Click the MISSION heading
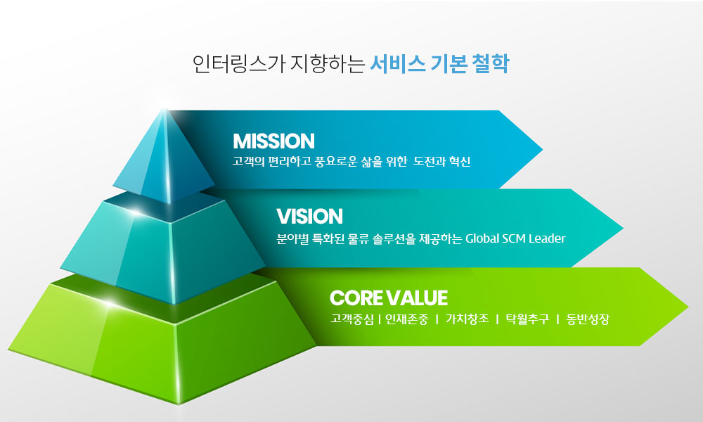273,141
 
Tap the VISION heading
309,216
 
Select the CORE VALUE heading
389,298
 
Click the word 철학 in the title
491,64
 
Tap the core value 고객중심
352,319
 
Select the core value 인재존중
406,319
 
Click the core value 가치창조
467,319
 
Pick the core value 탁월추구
527,319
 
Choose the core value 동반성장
588,319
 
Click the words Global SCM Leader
515,238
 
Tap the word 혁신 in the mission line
459,161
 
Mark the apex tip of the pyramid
165,108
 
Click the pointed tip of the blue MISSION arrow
542,149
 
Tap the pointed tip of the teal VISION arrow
623,229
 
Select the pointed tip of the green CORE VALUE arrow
688,307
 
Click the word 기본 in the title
449,64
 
